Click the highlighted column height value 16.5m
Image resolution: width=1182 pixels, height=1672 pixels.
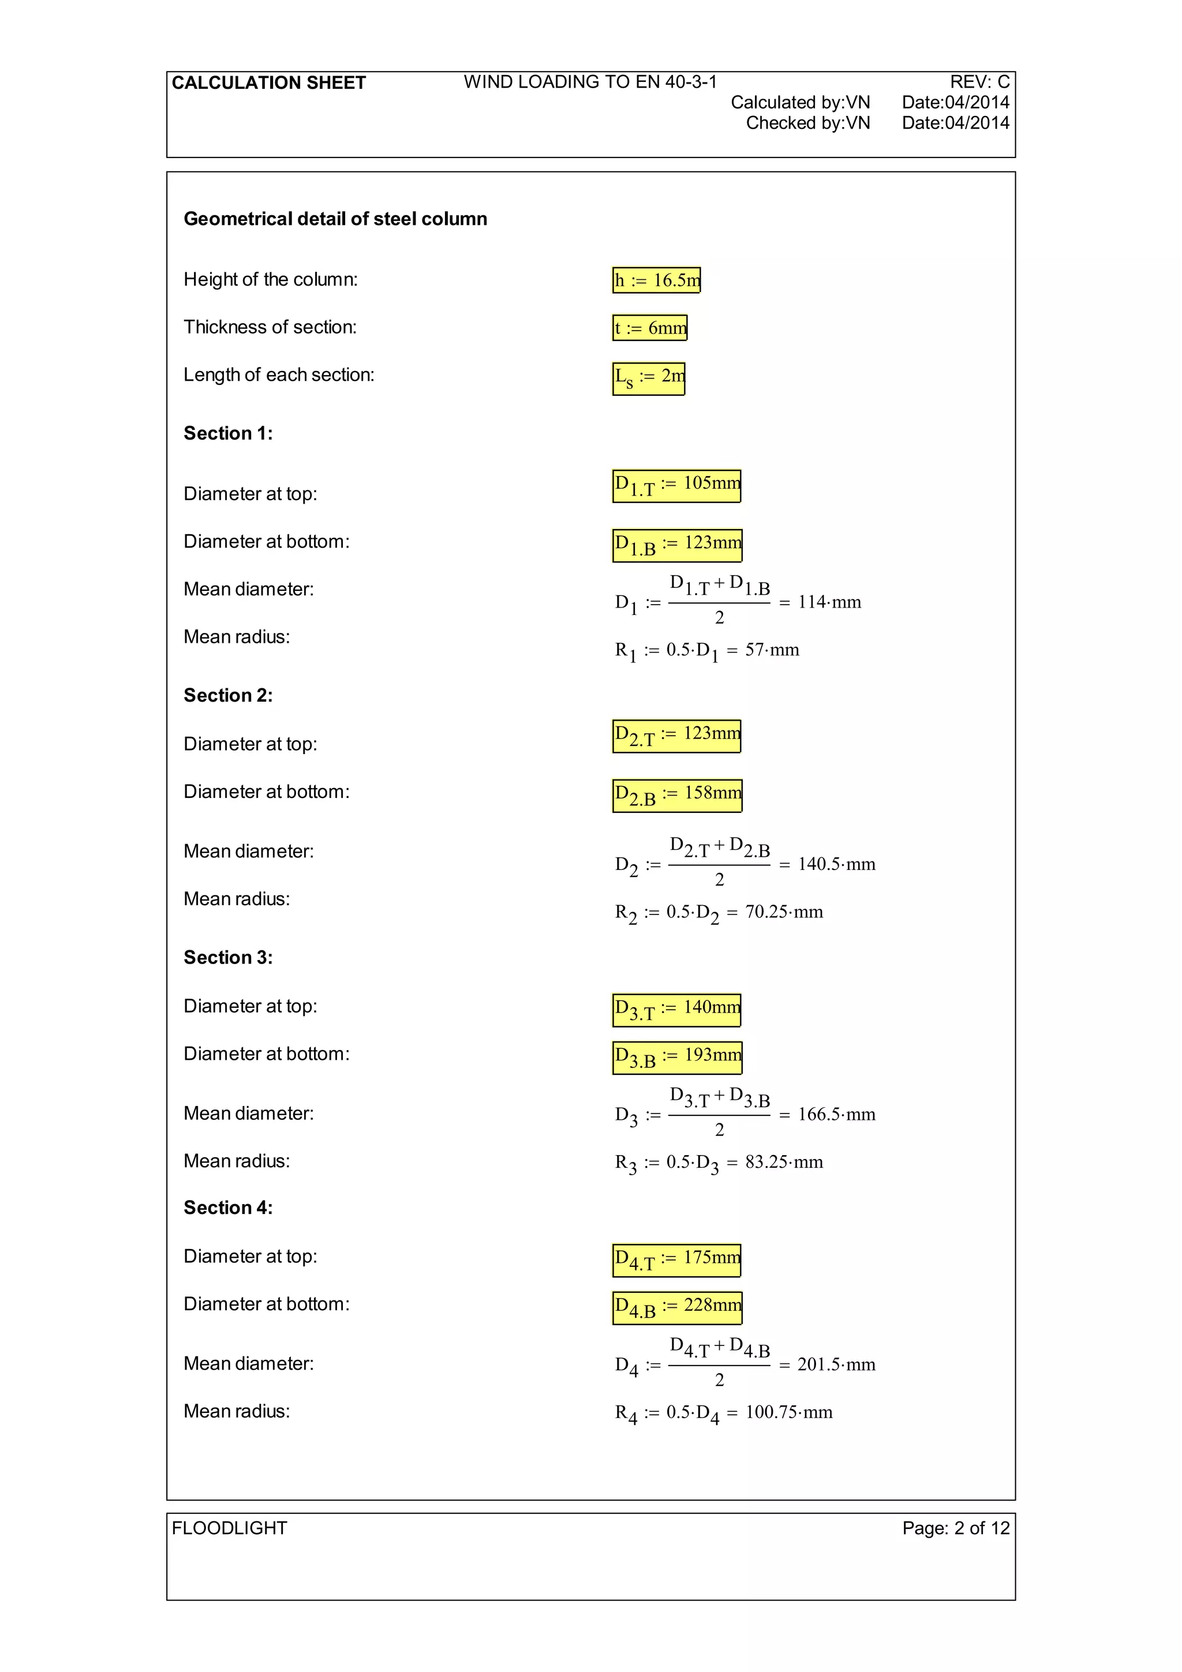656,280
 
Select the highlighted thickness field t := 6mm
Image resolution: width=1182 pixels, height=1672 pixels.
650,328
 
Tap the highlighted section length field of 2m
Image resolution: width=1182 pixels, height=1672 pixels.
648,378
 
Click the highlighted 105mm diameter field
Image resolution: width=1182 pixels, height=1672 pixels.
676,486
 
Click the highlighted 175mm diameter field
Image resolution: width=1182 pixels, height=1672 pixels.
676,1260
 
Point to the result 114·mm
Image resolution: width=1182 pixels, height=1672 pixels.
829,602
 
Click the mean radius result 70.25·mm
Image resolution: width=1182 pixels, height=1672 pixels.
784,912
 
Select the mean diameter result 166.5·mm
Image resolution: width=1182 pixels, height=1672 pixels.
836,1114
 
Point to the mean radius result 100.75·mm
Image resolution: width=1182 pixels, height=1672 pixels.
789,1412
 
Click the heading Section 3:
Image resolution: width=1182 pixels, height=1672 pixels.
228,958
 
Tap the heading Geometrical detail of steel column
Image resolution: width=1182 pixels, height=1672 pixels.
335,219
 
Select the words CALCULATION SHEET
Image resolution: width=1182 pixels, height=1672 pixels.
269,83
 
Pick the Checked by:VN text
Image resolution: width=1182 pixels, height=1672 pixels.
807,123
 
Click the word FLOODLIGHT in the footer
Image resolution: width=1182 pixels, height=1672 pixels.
229,1528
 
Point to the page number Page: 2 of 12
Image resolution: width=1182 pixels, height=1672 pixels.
956,1528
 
